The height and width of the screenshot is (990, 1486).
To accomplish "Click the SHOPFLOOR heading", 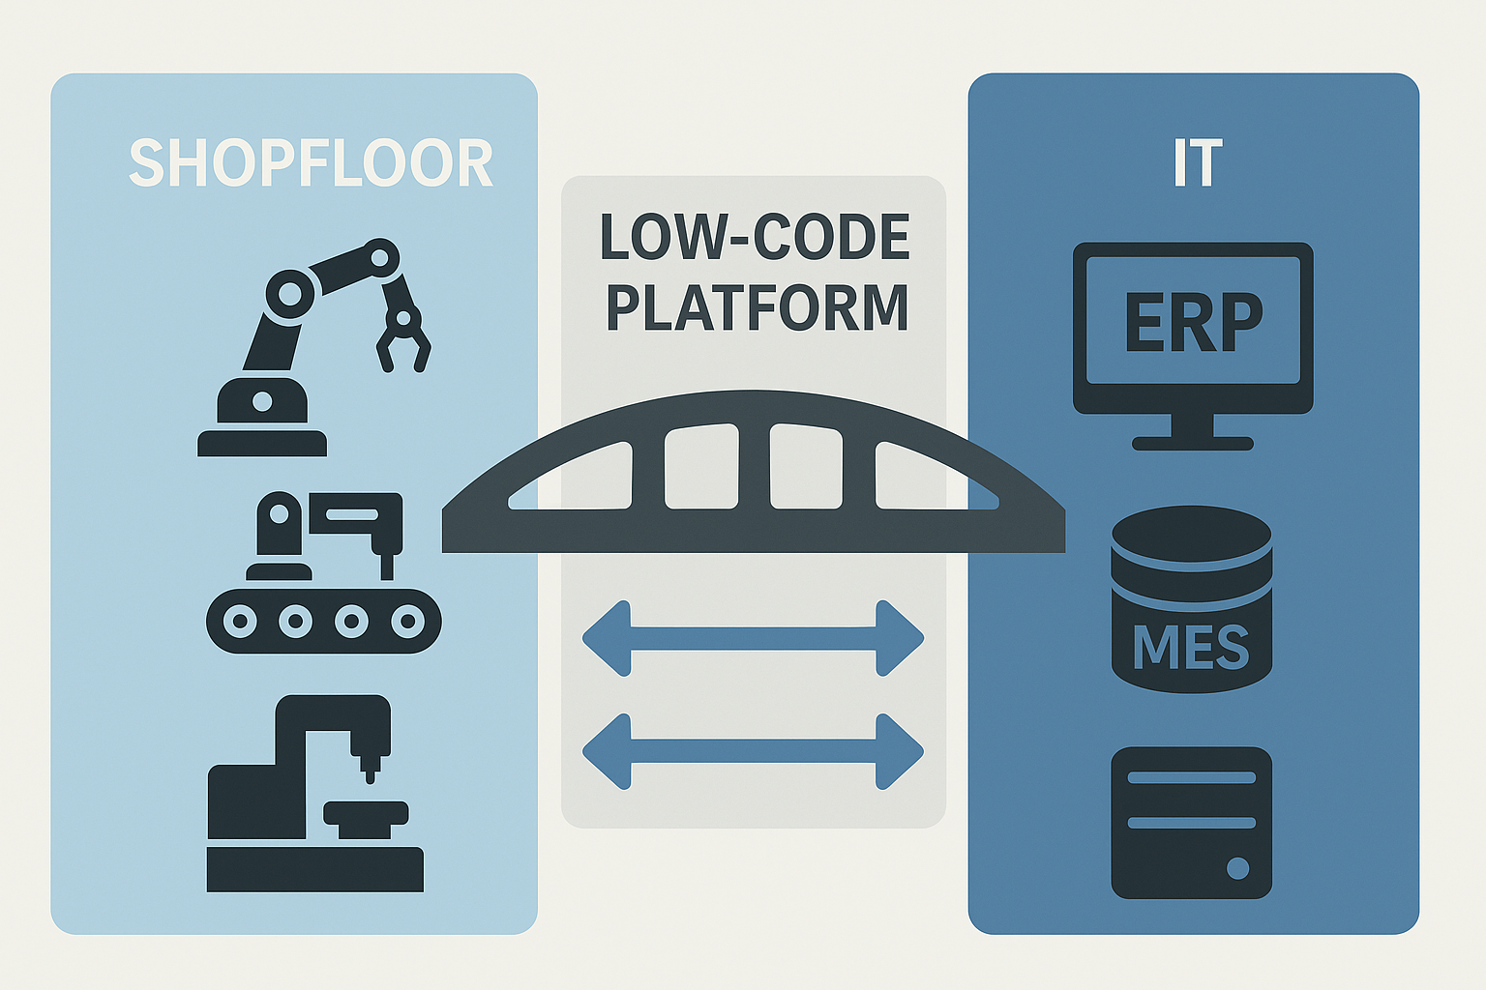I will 311,163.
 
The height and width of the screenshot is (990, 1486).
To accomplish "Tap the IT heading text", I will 1197,163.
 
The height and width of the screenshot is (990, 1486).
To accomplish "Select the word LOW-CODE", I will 755,238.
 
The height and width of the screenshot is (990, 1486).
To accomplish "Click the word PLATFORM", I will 757,308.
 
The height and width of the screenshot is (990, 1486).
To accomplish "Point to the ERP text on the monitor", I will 1193,322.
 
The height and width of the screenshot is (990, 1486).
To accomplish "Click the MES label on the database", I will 1191,647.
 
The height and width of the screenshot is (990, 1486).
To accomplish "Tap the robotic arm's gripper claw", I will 401,338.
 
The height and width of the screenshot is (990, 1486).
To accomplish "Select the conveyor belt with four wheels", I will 323,621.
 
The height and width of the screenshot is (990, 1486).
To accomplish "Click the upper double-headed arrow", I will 753,638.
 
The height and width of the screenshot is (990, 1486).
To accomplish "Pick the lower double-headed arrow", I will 753,751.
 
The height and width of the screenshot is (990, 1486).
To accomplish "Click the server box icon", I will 1191,823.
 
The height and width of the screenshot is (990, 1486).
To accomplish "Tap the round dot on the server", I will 1237,868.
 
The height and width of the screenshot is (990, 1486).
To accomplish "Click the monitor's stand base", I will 1193,443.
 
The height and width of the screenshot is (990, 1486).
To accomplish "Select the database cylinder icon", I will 1191,599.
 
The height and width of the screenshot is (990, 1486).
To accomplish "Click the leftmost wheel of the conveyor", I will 240,621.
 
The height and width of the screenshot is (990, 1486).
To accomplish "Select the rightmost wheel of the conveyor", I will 407,621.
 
